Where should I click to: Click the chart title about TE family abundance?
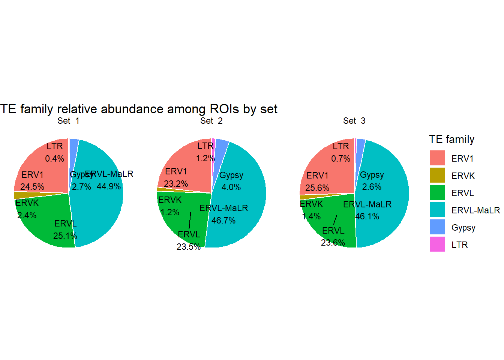[x=138, y=109]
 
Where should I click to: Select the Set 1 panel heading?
[x=68, y=121]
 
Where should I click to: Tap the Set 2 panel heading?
[x=211, y=121]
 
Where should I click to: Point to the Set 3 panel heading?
[x=354, y=121]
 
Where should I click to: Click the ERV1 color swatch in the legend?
[x=437, y=158]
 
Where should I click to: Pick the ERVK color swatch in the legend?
[x=437, y=175]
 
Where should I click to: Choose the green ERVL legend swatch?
[x=437, y=192]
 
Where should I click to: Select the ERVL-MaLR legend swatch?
[x=437, y=210]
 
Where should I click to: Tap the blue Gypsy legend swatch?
[x=437, y=227]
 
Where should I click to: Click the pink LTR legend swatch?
[x=437, y=244]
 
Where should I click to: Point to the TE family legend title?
[x=451, y=139]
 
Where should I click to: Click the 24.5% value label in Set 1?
[x=32, y=187]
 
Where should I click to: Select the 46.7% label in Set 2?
[x=223, y=220]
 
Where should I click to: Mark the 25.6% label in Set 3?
[x=317, y=187]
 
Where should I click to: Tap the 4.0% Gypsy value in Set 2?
[x=231, y=187]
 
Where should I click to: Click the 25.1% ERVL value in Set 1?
[x=65, y=236]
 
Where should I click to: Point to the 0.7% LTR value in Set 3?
[x=340, y=159]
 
